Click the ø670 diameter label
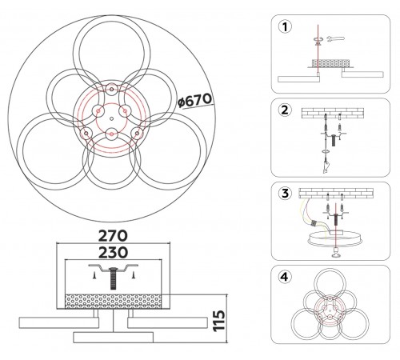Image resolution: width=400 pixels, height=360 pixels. pos(194,101)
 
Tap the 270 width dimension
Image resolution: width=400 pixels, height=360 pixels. pos(113,236)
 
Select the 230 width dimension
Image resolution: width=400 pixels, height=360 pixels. pos(113,252)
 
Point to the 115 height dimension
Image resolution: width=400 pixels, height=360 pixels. pos(219,321)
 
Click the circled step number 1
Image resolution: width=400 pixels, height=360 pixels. pos(285,27)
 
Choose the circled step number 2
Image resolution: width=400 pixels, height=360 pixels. pos(285,110)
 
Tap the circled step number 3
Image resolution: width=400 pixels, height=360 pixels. pos(285,194)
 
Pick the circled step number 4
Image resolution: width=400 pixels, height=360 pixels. pos(285,277)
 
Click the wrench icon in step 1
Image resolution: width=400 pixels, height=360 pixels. pos(335,38)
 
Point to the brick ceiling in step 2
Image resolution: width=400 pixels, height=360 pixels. pos(333,113)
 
